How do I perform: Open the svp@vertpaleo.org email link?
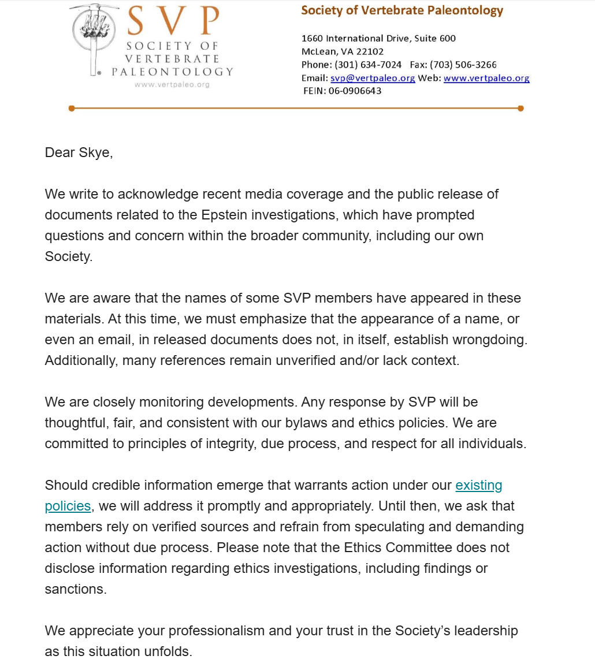pos(373,78)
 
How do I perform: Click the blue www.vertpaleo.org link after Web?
pos(486,78)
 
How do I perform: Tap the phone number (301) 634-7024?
pos(368,65)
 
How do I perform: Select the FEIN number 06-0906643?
pos(355,91)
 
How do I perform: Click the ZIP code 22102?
pos(370,51)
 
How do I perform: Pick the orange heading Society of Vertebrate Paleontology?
pos(402,10)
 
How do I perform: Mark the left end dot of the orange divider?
pos(71,108)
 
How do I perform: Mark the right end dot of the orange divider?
pos(520,108)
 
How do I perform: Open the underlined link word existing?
pos(479,485)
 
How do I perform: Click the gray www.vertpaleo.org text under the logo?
pos(172,84)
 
